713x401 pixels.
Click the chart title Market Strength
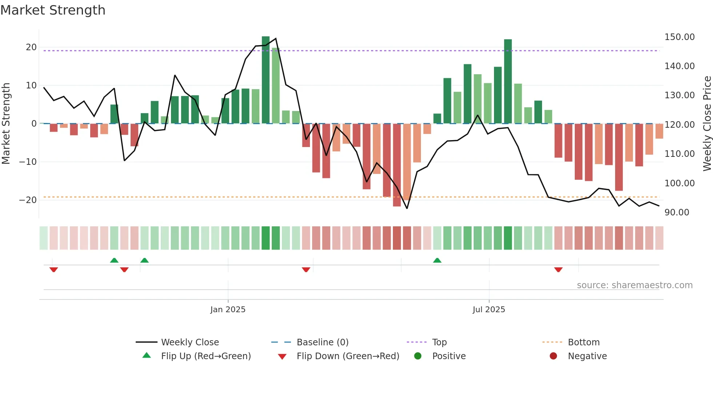coord(53,10)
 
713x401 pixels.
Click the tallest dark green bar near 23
coord(266,80)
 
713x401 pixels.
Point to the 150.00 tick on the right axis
coord(679,37)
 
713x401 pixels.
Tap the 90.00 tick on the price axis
coord(677,213)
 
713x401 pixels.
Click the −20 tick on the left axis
coord(28,200)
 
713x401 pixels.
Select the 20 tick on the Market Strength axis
coord(31,47)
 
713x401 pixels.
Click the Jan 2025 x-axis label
coord(228,310)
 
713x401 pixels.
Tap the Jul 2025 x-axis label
coord(489,310)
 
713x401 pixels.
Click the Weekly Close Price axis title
coord(707,124)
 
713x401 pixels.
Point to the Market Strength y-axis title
coord(6,124)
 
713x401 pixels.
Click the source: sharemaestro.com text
coord(634,285)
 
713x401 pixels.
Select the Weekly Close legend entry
coord(190,342)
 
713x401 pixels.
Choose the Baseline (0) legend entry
coord(322,342)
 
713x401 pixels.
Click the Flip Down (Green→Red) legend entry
coord(347,356)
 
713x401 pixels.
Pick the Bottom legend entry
coord(583,342)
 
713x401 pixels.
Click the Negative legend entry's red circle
coord(553,356)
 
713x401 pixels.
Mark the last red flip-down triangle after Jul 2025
coord(558,270)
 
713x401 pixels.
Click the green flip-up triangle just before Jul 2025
coord(437,260)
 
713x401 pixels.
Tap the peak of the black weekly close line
coord(276,38)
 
